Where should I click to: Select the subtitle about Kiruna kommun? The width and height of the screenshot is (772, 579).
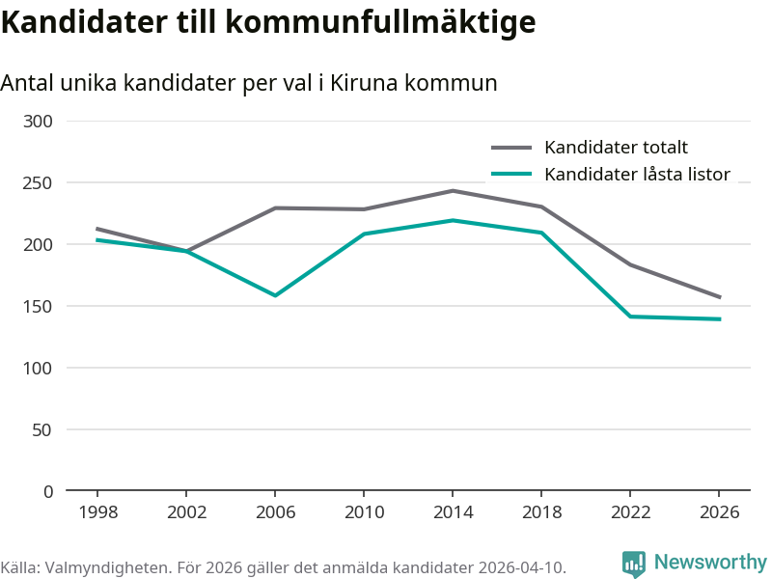(249, 83)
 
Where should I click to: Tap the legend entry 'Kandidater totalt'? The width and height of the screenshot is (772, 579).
(616, 148)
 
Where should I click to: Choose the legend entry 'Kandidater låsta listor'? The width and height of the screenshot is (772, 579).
(637, 175)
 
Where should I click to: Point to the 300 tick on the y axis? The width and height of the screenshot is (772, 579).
(40, 121)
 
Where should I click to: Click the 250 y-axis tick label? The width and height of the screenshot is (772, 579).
(40, 182)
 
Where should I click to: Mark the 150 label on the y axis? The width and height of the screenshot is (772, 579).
(40, 306)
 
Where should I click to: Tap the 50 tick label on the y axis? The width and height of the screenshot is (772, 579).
(43, 429)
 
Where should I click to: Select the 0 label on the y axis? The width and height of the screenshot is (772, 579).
(48, 491)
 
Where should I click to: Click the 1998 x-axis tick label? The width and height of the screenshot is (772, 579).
(97, 512)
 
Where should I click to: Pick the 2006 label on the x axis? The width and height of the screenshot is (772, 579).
(275, 512)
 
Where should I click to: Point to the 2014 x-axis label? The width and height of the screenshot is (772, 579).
(453, 512)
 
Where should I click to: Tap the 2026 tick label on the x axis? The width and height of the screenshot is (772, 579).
(719, 512)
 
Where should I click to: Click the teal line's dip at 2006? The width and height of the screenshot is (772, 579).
(275, 295)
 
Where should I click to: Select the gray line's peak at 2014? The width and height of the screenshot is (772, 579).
(453, 191)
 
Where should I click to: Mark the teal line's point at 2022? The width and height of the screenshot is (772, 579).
(630, 317)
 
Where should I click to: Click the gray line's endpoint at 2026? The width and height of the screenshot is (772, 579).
(719, 297)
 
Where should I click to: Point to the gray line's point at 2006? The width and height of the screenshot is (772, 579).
(275, 208)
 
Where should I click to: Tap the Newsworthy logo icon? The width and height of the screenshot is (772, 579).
(634, 564)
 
